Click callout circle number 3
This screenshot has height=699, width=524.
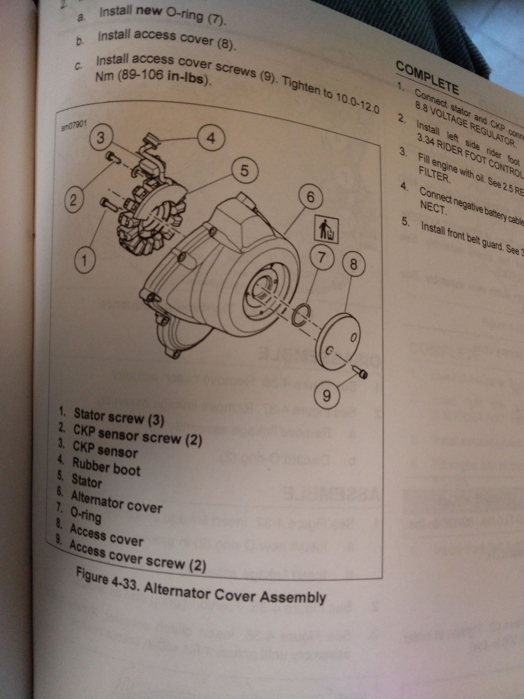[x=101, y=137]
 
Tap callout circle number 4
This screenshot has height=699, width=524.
[x=211, y=138]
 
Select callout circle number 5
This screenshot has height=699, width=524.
[x=245, y=171]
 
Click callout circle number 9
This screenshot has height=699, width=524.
[x=327, y=396]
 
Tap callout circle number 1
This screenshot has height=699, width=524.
[x=84, y=260]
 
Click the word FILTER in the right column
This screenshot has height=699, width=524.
[x=434, y=174]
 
